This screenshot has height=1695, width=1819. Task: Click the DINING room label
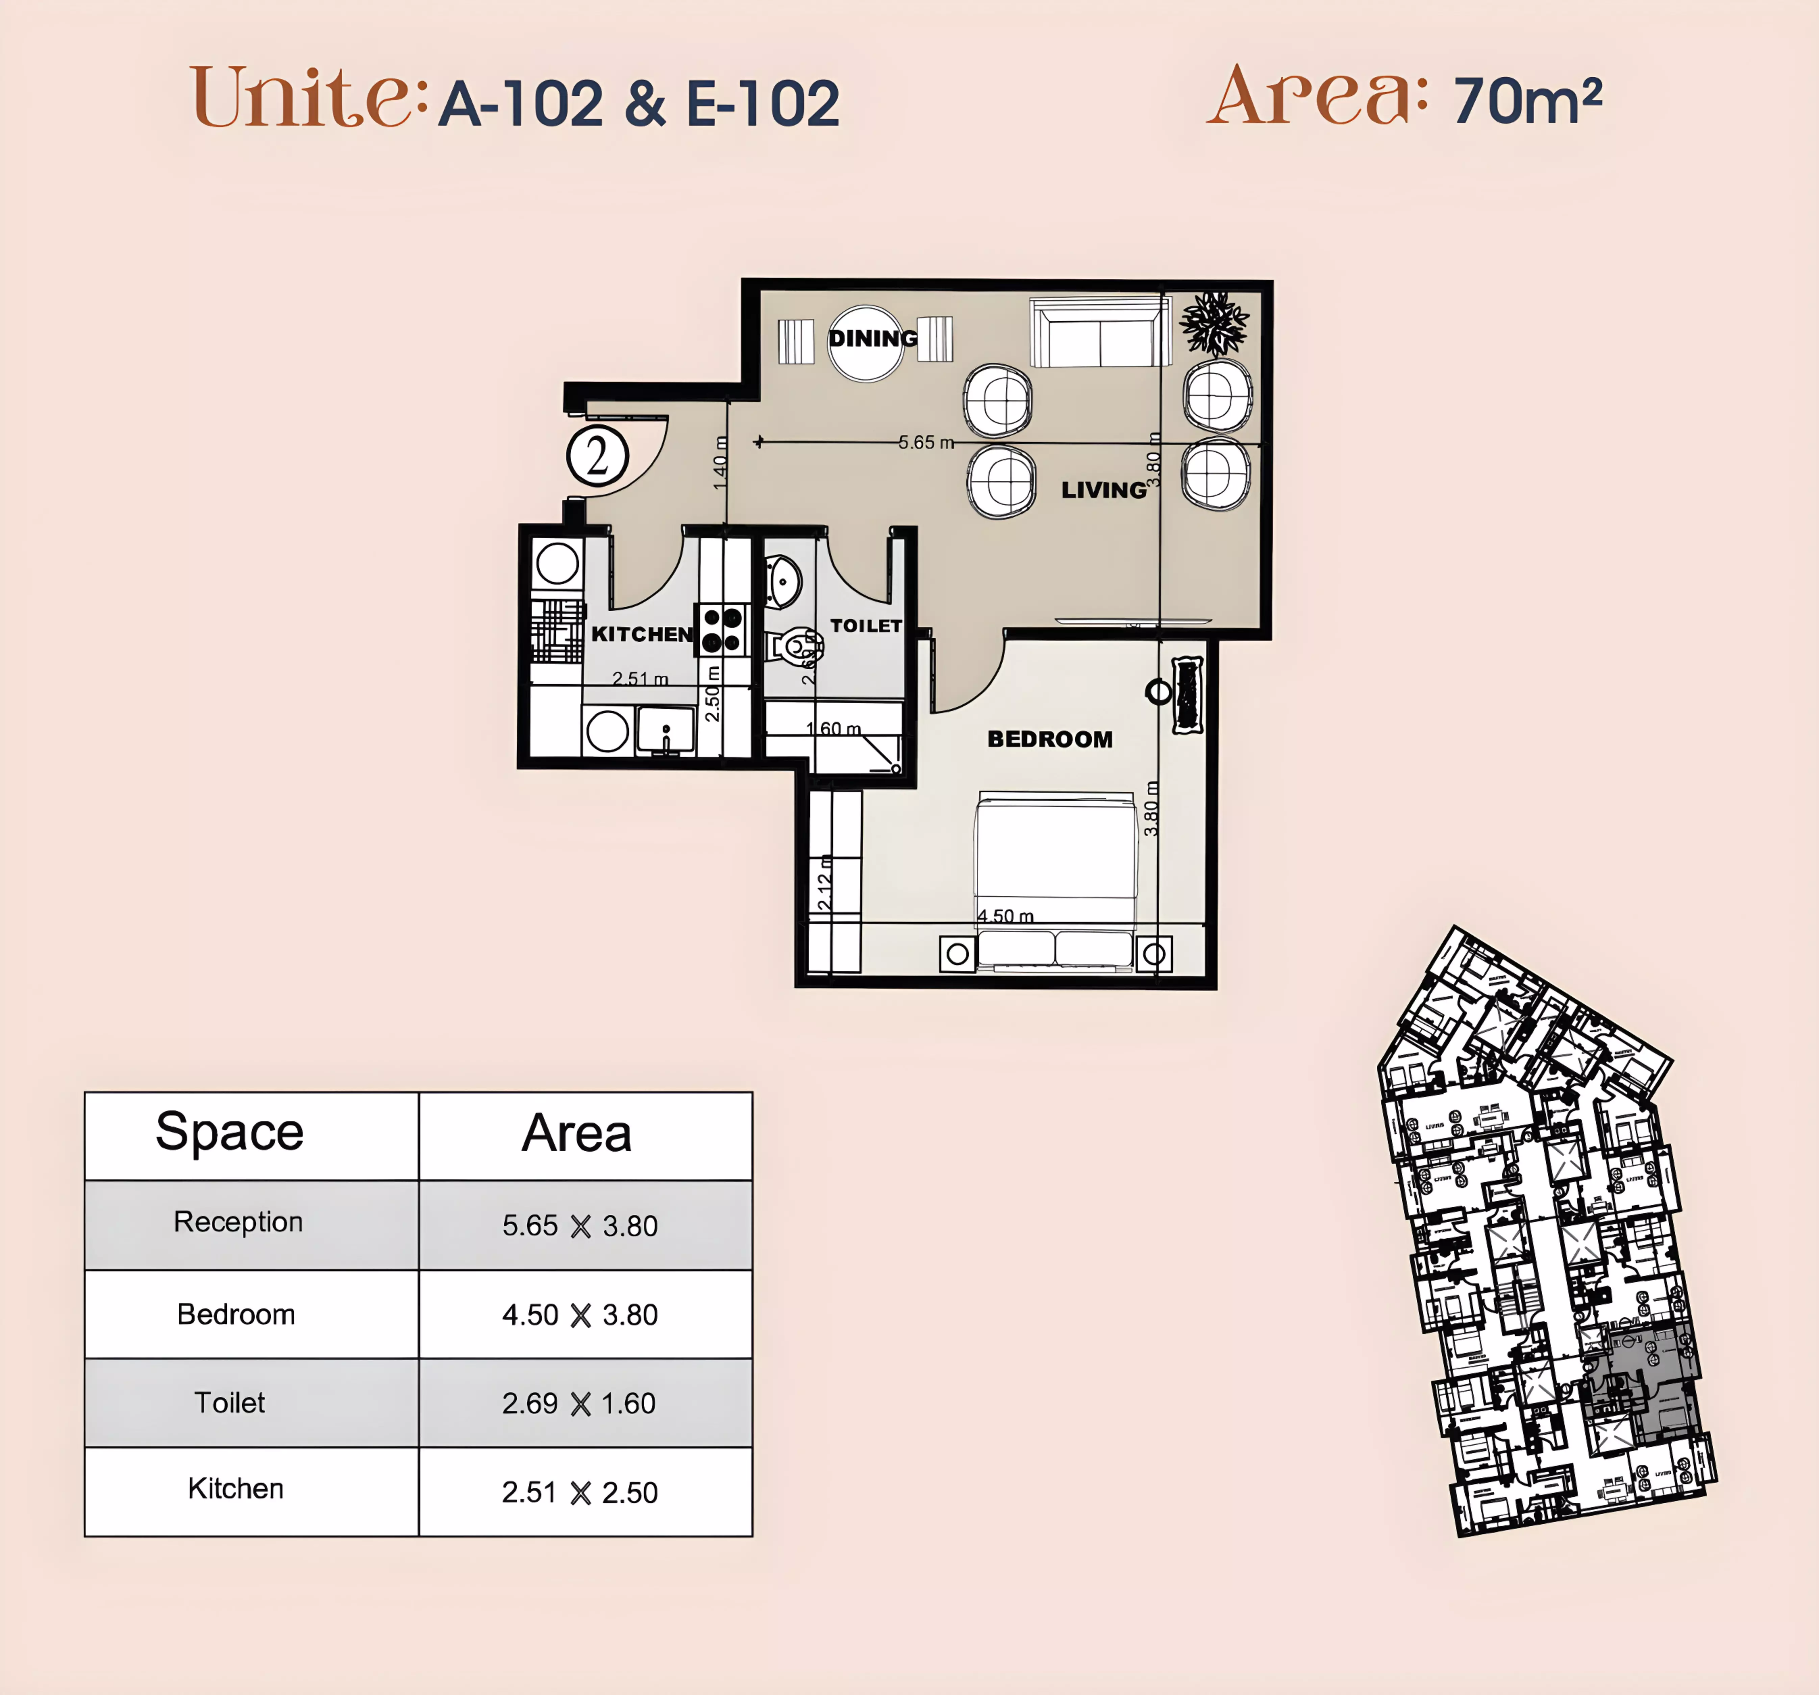point(872,339)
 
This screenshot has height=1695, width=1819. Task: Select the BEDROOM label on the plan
point(1049,739)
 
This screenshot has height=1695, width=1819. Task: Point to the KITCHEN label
point(641,634)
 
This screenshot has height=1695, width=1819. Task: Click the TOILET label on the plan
point(866,626)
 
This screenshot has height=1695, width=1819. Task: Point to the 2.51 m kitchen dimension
point(640,678)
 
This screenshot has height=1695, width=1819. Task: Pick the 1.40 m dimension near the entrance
point(720,462)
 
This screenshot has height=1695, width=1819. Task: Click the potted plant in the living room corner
point(1214,323)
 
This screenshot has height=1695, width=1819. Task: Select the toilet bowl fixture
point(792,646)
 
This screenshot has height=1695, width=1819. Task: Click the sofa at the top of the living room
point(1100,333)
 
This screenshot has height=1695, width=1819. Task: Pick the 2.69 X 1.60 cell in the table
point(579,1403)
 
